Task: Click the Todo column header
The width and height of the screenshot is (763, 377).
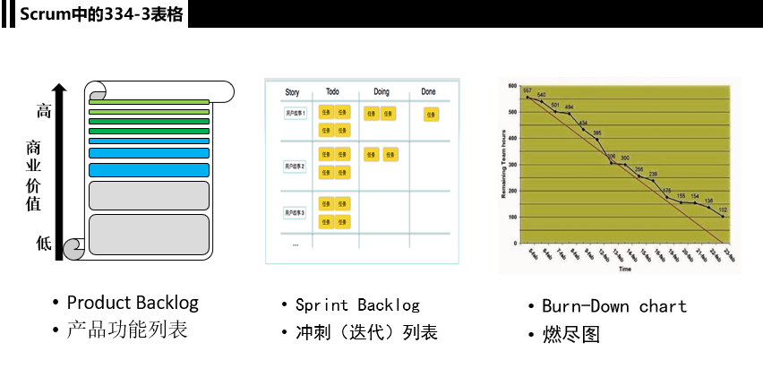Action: click(x=332, y=91)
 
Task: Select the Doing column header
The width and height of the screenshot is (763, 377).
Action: click(x=381, y=91)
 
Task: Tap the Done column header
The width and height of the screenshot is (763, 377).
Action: click(x=429, y=91)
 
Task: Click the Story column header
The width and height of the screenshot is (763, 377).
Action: click(x=292, y=91)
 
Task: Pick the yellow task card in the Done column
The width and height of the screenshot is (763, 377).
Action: click(x=431, y=114)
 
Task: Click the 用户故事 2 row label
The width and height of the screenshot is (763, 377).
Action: click(x=296, y=167)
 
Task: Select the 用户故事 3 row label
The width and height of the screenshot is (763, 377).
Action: click(x=296, y=212)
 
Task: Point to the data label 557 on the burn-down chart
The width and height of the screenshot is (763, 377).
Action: click(x=527, y=90)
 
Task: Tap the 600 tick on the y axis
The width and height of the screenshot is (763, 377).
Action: click(x=513, y=86)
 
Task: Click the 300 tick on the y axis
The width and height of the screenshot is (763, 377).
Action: click(x=513, y=165)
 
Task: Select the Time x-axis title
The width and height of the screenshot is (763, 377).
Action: click(x=624, y=269)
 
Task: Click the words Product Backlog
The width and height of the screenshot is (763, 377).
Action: click(x=133, y=303)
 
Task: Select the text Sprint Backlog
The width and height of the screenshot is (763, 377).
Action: click(x=357, y=305)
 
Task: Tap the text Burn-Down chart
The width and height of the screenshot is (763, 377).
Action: click(x=614, y=306)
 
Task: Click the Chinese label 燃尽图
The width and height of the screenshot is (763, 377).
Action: click(x=570, y=335)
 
